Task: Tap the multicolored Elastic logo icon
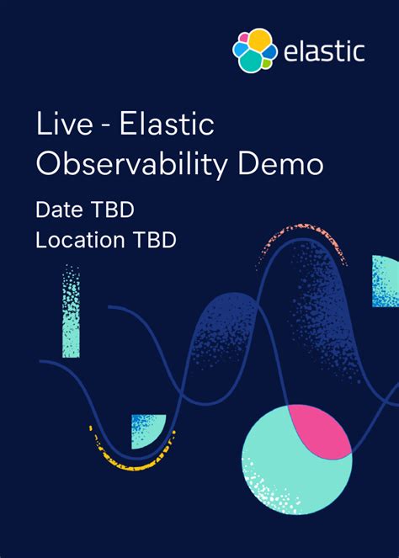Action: tap(254, 50)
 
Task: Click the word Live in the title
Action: tap(62, 126)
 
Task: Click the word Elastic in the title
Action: tap(167, 126)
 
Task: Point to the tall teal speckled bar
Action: tap(71, 311)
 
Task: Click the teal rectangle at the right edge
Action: tap(385, 281)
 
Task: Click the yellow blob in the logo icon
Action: tap(259, 40)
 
